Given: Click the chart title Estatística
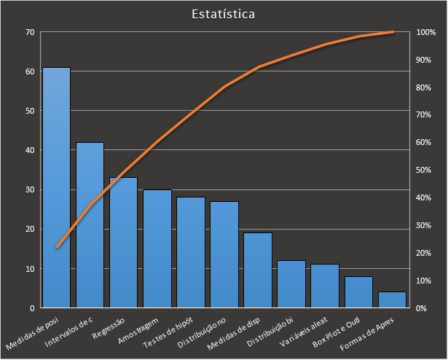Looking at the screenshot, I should coord(224,14).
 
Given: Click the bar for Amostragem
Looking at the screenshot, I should coord(157,249).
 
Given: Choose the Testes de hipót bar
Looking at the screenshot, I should coord(191,252).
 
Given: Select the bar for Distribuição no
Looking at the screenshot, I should coord(224,254).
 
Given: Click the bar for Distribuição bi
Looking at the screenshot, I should coord(291,283).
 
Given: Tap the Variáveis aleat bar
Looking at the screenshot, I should coord(325,286).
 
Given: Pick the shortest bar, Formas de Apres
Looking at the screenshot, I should coord(392,300).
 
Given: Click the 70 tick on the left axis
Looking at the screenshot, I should coord(30,32).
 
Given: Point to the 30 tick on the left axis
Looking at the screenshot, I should coord(30,189).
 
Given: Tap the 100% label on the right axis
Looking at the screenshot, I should coord(426,32).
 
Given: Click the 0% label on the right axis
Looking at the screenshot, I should coord(422,308).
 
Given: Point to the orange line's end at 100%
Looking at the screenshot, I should coord(393,32).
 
